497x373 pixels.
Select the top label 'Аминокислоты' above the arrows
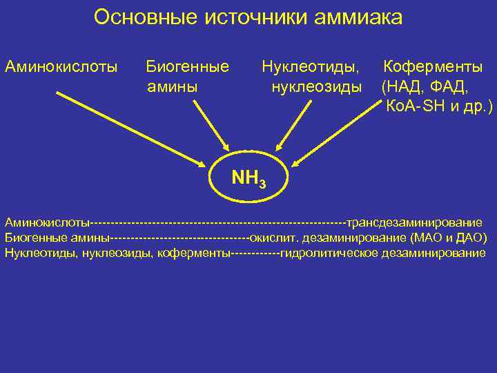61,67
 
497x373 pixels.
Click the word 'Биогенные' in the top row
188,67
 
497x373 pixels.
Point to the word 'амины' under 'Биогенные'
172,87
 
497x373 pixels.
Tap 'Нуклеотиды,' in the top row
311,67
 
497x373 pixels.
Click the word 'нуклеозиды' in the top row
317,87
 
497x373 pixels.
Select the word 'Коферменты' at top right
433,67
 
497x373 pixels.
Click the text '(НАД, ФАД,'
425,87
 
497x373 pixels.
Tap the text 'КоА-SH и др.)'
439,107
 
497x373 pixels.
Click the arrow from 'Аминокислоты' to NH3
131,128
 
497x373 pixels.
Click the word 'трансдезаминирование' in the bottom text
414,222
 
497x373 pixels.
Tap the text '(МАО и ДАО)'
449,238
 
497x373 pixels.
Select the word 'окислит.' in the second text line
270,238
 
